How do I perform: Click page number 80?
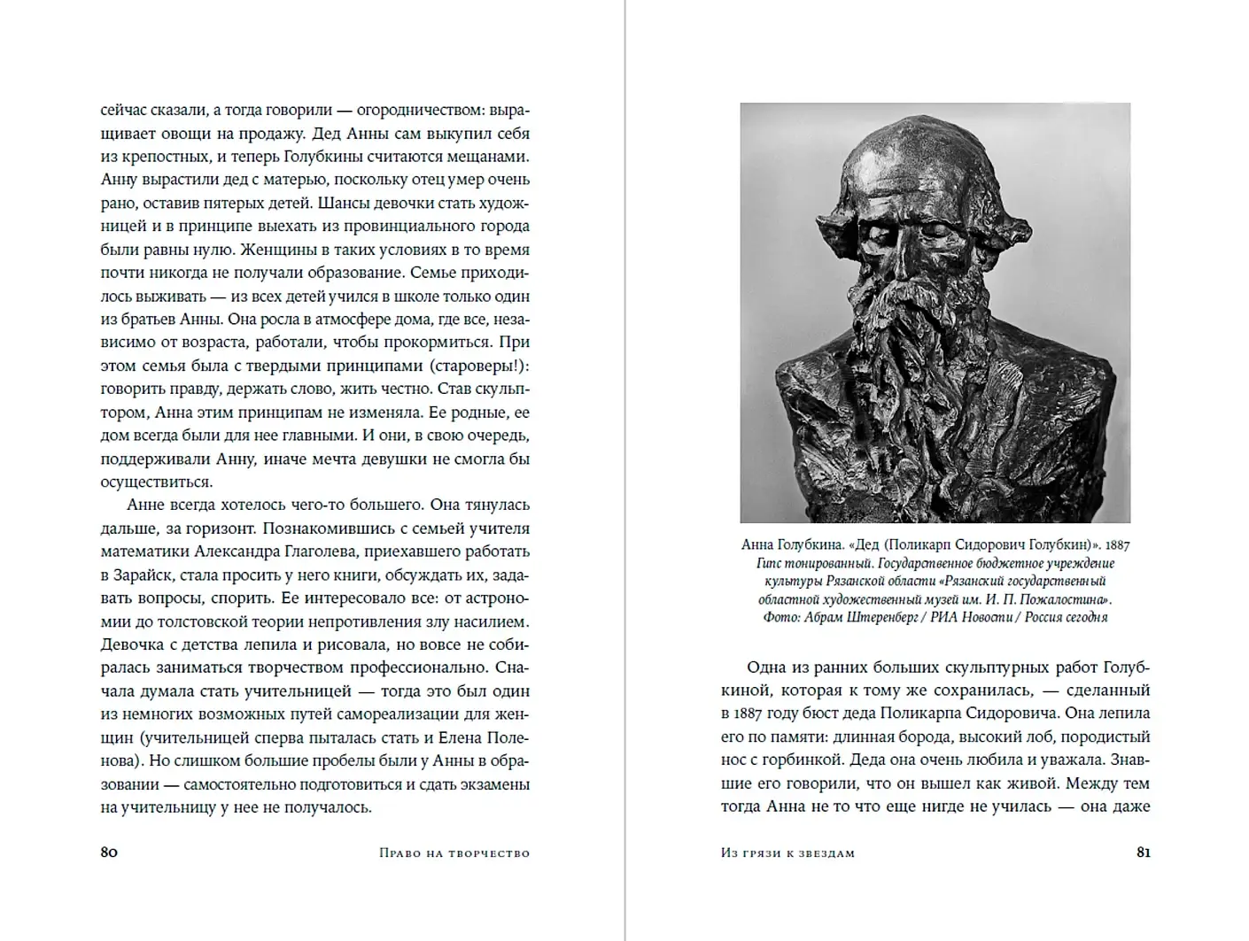[109, 852]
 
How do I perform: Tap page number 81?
[1143, 852]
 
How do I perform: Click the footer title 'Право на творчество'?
[454, 853]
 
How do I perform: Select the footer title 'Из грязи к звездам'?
[787, 853]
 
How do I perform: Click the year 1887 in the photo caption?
[1117, 545]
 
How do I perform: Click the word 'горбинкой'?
[795, 760]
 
